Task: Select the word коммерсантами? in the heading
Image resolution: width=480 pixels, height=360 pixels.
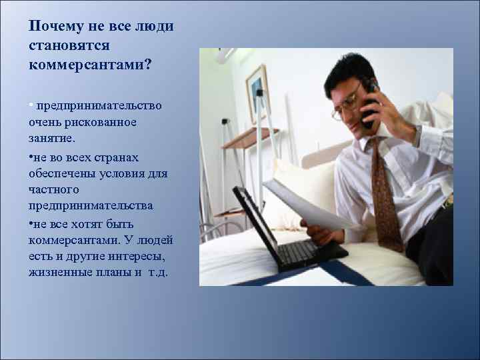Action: pos(90,65)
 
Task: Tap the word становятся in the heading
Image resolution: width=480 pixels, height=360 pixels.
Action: pos(69,46)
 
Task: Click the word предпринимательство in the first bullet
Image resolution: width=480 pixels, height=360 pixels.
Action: pos(104,106)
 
